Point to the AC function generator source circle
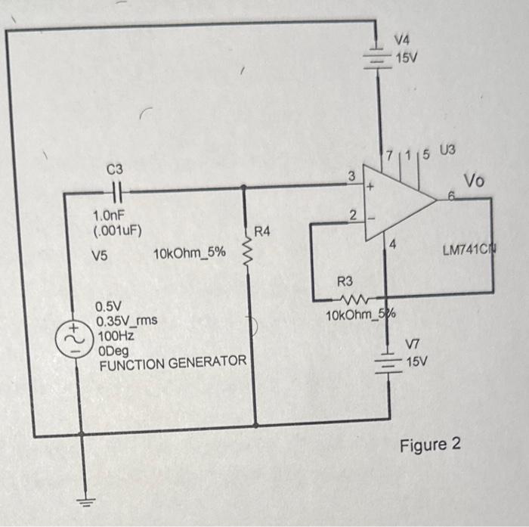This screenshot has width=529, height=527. coord(81,336)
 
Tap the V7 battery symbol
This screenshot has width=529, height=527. coord(388,363)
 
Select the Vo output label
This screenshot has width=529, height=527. coord(475,181)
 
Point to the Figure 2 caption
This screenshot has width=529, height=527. coord(430,444)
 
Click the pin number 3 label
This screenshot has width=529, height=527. coord(351,176)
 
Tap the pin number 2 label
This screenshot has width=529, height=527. coord(352,215)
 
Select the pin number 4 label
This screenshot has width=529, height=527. coord(393,244)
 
